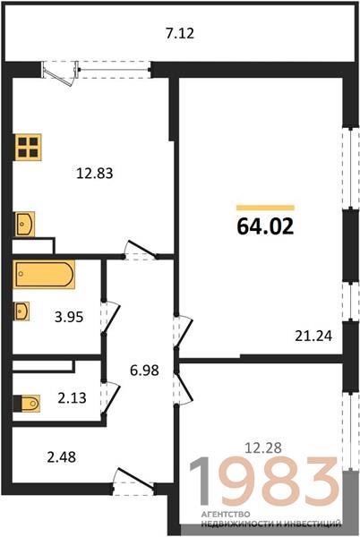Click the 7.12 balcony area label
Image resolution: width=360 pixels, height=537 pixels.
click(x=180, y=33)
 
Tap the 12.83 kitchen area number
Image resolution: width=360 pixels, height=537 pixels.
click(x=95, y=174)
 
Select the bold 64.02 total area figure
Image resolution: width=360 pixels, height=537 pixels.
click(x=265, y=226)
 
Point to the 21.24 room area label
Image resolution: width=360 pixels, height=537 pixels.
click(x=313, y=336)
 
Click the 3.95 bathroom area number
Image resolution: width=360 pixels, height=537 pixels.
click(x=69, y=317)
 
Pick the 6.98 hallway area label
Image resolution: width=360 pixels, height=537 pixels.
click(x=144, y=371)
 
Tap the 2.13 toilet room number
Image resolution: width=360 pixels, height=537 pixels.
click(x=72, y=398)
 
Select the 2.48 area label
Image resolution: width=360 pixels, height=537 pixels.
click(x=61, y=457)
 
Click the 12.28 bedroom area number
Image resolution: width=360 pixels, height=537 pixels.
click(x=263, y=447)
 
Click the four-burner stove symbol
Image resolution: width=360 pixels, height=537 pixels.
click(x=28, y=147)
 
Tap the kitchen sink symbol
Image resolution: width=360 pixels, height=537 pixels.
click(x=24, y=224)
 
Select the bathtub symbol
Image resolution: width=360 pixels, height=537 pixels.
click(x=44, y=275)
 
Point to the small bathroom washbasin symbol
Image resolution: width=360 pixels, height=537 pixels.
click(x=21, y=311)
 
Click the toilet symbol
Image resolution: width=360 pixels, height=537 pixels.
click(x=27, y=403)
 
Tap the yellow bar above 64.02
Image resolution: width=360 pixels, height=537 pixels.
click(x=265, y=208)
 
